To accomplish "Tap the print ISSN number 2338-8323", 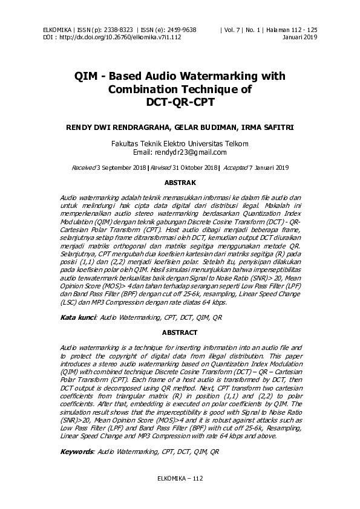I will tap(120, 30).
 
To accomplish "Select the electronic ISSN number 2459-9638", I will tap(180, 30).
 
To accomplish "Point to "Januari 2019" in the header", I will tap(300, 37).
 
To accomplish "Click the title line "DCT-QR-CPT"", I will tap(180, 102).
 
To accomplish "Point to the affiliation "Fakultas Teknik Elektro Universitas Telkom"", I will tap(180, 144).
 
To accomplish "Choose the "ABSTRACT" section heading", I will tap(180, 333).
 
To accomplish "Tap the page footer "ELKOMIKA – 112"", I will tap(180, 478).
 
